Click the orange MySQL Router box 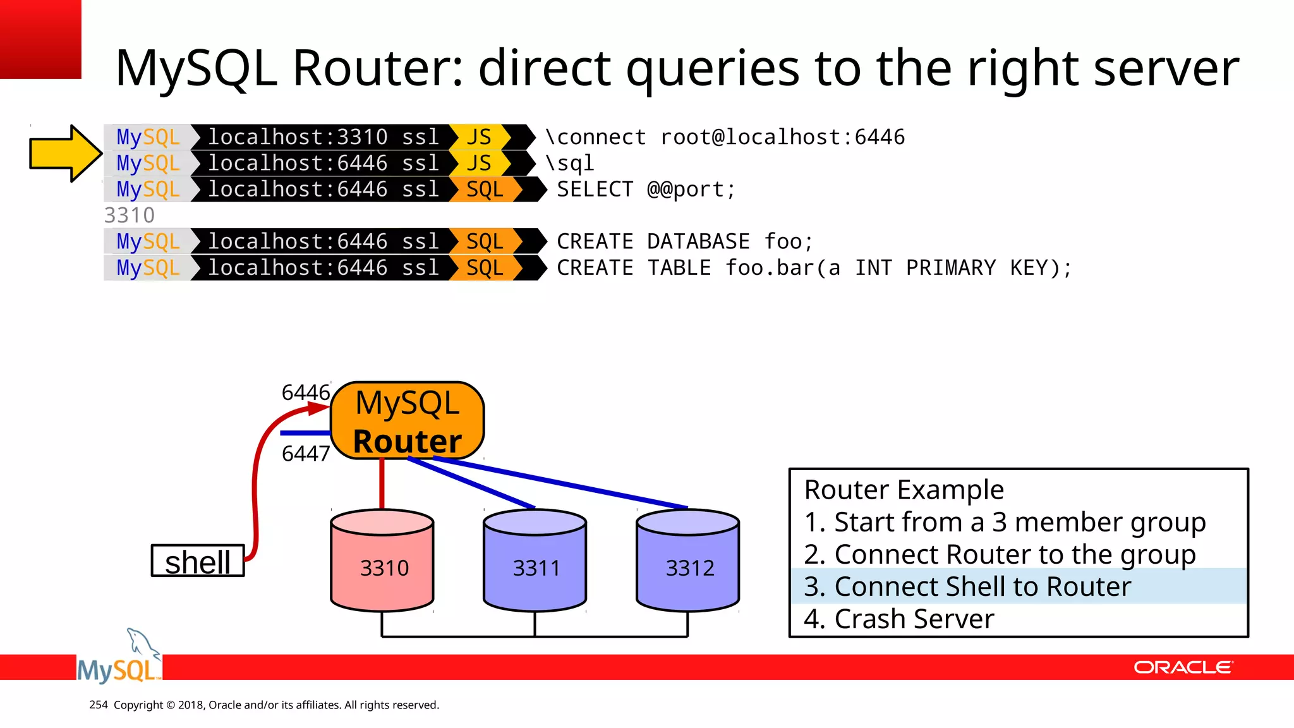tap(408, 421)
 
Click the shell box tap(198, 561)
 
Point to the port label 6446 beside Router tap(306, 392)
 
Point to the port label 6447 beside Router tap(306, 454)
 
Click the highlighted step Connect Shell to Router tap(967, 586)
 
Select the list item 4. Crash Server tap(898, 619)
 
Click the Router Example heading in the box tap(904, 490)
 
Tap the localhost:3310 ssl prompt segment tap(323, 137)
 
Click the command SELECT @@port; tap(646, 190)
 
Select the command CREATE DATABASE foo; tap(684, 242)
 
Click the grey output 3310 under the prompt tap(130, 215)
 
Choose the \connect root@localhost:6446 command tap(725, 137)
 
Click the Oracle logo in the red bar tap(1182, 667)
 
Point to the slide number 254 tap(98, 705)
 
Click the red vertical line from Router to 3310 tap(382, 483)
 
